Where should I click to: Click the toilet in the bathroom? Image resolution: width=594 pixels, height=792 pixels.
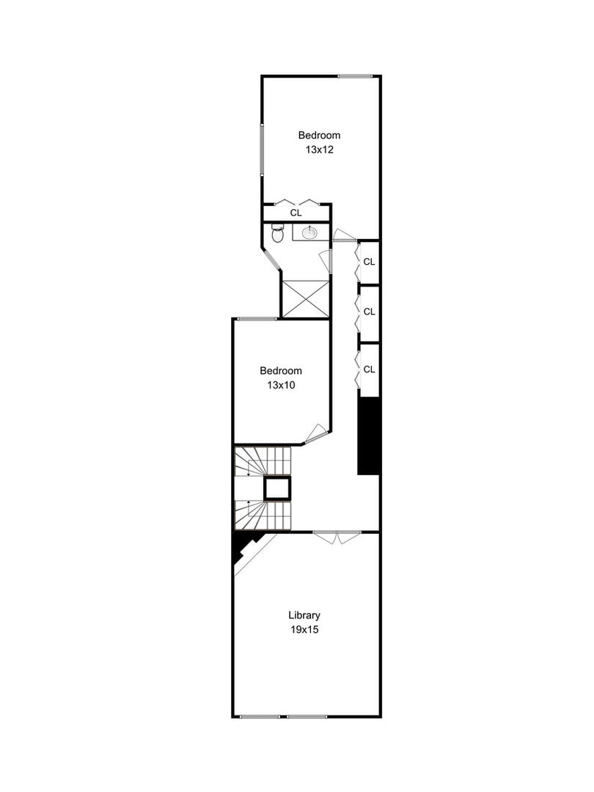(277, 235)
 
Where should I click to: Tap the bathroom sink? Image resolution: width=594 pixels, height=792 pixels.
(310, 232)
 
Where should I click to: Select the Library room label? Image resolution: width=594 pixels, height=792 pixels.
(304, 615)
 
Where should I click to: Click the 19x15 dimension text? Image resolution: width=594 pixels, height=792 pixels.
(304, 629)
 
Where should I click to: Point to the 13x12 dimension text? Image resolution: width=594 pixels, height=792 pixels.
(320, 149)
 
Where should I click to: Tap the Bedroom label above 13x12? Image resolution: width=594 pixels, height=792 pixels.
(319, 135)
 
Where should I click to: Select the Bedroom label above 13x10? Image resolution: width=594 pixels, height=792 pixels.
(280, 370)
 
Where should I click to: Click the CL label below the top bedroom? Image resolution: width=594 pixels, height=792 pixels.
(296, 213)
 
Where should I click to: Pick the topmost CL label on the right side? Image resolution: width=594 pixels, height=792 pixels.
(370, 261)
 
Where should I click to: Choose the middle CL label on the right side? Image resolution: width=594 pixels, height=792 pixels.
(370, 312)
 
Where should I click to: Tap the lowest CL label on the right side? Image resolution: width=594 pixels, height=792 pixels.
(370, 369)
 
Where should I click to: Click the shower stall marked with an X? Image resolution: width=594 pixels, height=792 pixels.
(304, 298)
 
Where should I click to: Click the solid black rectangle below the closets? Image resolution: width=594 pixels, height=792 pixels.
(368, 436)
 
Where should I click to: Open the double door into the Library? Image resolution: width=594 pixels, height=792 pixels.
(336, 538)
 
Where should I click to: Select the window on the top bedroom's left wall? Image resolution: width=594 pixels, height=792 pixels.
(262, 149)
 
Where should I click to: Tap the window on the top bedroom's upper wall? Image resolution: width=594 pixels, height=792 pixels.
(355, 76)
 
